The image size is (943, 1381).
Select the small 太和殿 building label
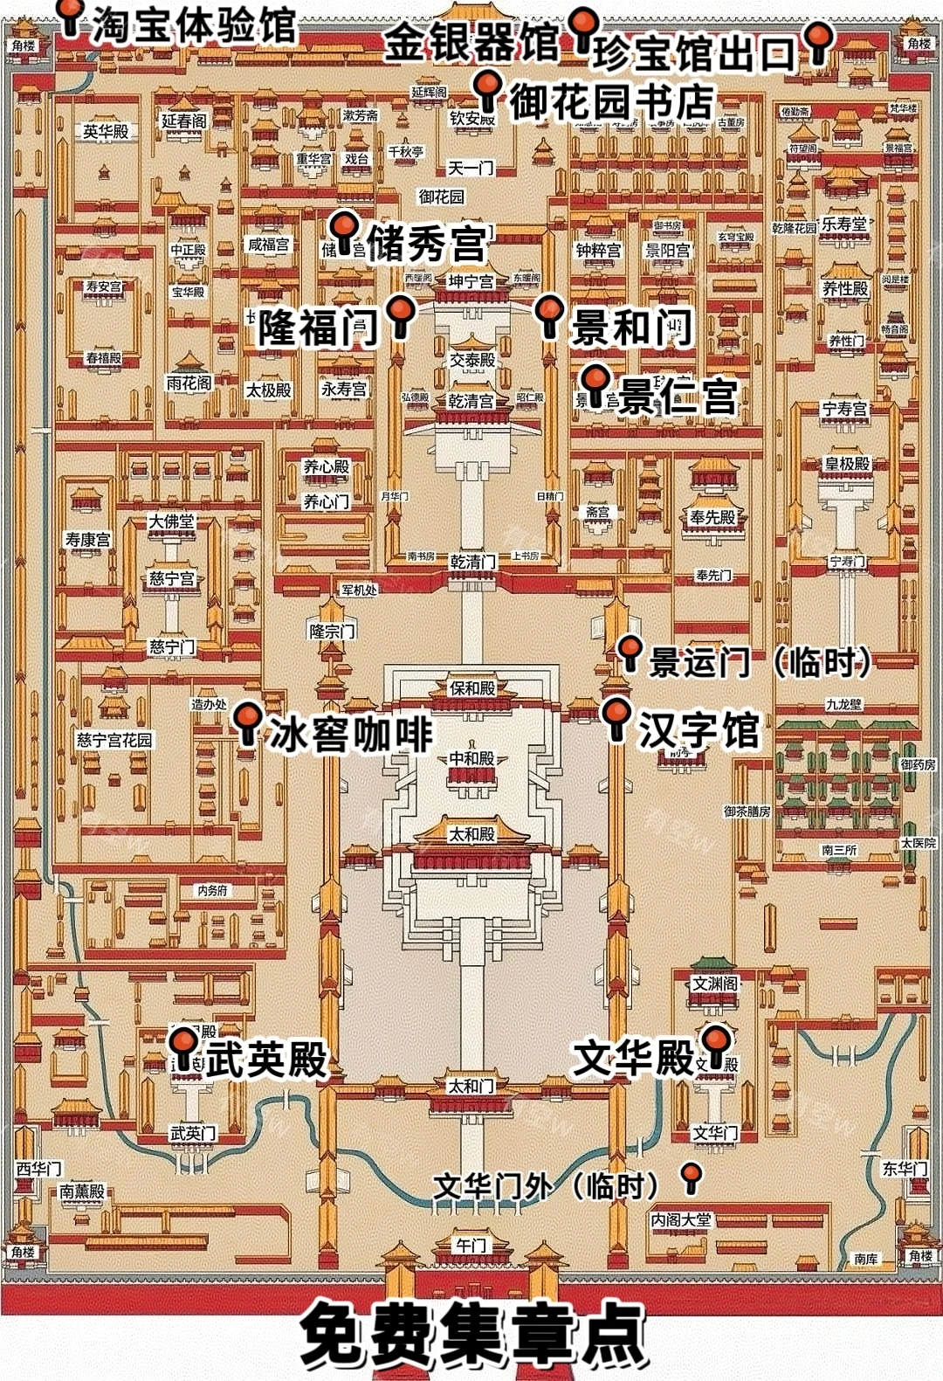click(471, 835)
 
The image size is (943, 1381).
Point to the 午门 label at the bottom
click(471, 1245)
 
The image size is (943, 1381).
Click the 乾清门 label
click(472, 562)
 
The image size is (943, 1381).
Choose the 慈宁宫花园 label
click(114, 740)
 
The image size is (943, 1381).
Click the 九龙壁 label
click(843, 703)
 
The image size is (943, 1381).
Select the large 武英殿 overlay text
click(266, 1059)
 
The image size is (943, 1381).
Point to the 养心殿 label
click(326, 467)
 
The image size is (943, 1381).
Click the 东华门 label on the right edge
click(905, 1168)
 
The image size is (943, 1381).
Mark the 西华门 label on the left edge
click(38, 1169)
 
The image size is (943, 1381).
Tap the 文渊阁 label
click(715, 984)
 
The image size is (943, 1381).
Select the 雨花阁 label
click(189, 383)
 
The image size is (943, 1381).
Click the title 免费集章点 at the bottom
click(471, 1335)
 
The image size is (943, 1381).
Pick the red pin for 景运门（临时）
click(630, 650)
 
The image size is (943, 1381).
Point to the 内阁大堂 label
click(681, 1219)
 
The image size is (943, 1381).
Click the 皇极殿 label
click(847, 464)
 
